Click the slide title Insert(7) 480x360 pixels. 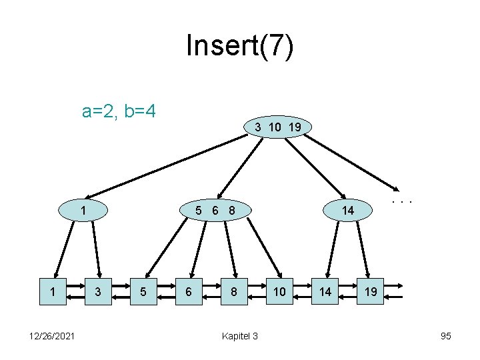[x=239, y=46]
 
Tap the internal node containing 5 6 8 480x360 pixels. [x=215, y=211]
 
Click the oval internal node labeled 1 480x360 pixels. [x=83, y=211]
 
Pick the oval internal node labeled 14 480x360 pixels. [x=347, y=211]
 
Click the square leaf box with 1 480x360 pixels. [x=53, y=291]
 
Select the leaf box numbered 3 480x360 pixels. [x=99, y=291]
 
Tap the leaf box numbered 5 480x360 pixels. [x=143, y=291]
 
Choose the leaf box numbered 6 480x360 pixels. [x=189, y=291]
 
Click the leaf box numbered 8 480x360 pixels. [x=234, y=291]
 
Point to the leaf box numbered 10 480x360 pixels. [x=279, y=291]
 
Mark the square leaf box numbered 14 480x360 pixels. [x=325, y=291]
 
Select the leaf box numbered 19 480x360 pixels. [x=370, y=291]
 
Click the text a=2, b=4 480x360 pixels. [x=119, y=110]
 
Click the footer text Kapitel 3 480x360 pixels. [x=239, y=335]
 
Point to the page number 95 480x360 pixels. [x=446, y=335]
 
